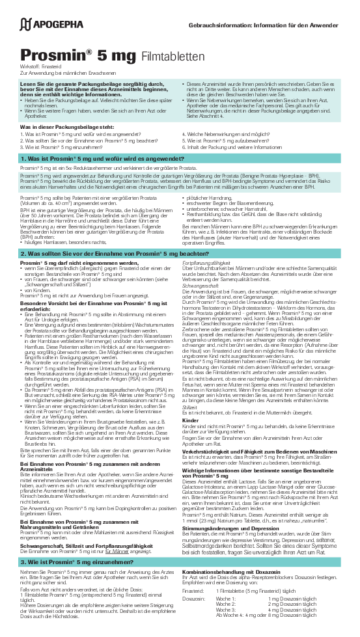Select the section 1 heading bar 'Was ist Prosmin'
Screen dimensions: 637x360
click(x=98, y=158)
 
